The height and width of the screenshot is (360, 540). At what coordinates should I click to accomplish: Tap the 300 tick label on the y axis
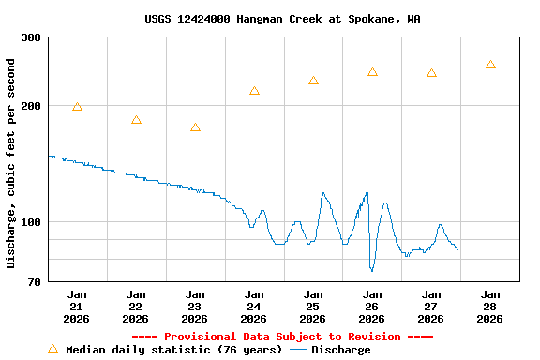(31, 37)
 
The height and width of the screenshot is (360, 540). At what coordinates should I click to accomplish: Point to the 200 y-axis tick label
(31, 106)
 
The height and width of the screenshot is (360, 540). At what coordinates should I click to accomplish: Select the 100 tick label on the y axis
(31, 222)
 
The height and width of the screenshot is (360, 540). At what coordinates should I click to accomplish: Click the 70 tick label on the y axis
(34, 281)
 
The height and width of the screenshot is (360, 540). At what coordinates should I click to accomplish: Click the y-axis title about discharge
(11, 163)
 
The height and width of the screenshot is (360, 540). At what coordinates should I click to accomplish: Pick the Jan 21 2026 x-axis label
(77, 307)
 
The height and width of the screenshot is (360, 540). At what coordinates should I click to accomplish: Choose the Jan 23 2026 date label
(195, 307)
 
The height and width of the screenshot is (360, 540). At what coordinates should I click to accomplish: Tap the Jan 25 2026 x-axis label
(313, 307)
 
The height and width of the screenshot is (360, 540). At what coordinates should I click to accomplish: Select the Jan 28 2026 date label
(489, 307)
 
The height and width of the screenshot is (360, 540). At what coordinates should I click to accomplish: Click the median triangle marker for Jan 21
(77, 107)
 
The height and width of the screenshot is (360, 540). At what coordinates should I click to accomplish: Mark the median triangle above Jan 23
(195, 127)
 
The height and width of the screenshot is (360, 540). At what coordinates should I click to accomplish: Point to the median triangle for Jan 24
(254, 91)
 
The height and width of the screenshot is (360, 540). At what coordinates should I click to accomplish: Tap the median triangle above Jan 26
(372, 72)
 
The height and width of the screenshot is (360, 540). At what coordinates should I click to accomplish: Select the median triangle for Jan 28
(490, 65)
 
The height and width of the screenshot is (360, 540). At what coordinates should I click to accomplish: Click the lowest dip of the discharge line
(372, 271)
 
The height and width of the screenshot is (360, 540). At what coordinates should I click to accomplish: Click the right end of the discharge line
(457, 249)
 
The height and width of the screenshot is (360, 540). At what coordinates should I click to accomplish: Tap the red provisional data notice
(282, 337)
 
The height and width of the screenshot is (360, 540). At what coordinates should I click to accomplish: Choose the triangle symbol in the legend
(52, 349)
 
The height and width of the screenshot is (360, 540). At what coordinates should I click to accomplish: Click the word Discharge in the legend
(340, 350)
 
